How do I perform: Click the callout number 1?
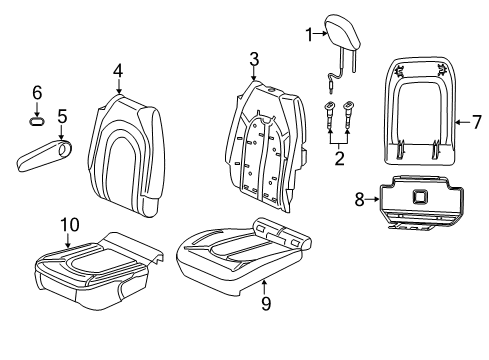(309, 35)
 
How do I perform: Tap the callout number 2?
(338, 157)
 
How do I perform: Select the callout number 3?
(254, 58)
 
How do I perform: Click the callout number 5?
(61, 117)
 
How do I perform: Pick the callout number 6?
(37, 92)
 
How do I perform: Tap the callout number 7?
(476, 123)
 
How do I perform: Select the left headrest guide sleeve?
(329, 117)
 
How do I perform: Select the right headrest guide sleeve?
(350, 117)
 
